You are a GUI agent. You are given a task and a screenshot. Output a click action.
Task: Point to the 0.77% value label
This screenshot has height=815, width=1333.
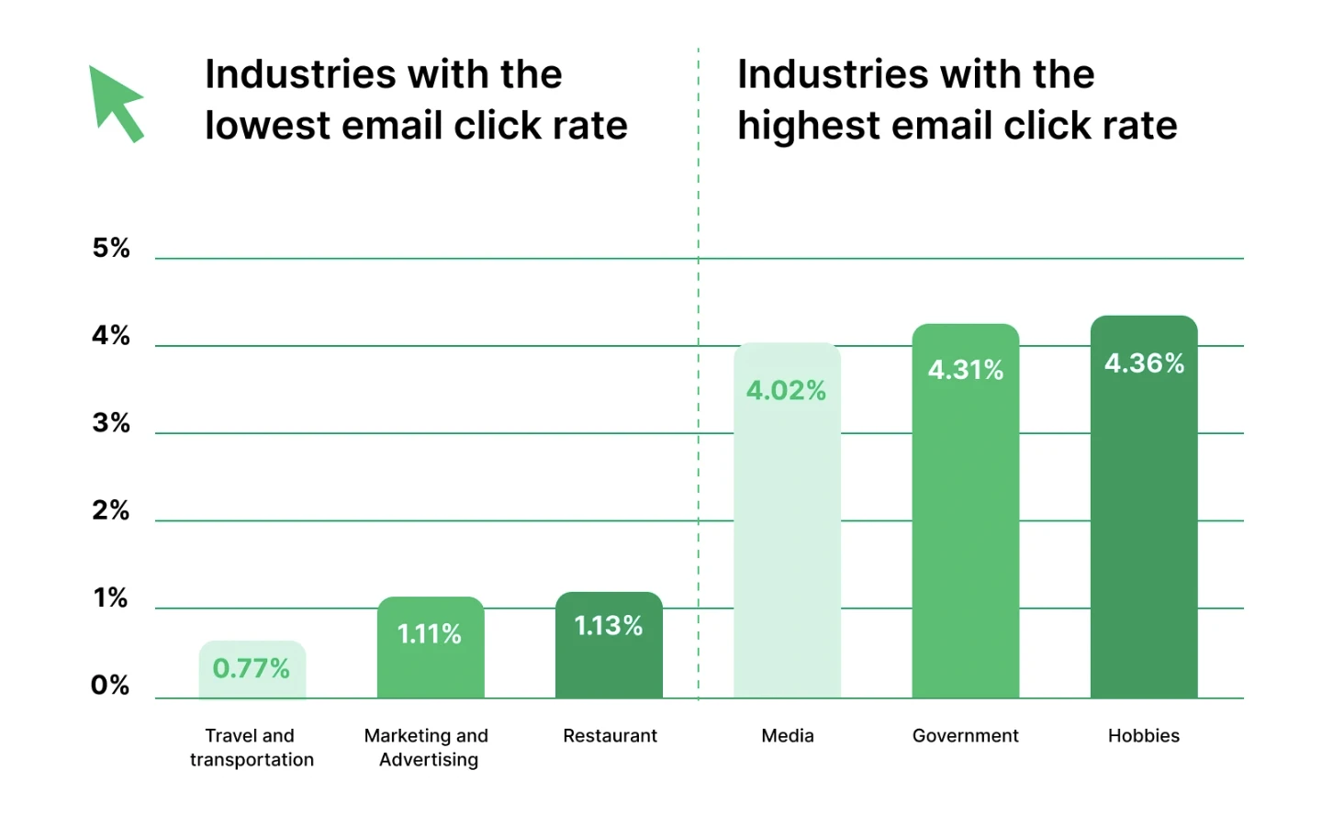252,668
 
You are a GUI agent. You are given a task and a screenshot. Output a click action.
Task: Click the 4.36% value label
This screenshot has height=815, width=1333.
1144,363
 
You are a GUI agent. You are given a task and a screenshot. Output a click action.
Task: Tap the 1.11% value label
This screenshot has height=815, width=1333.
430,633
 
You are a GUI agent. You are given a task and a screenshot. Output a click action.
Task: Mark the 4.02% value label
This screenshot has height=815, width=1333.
786,391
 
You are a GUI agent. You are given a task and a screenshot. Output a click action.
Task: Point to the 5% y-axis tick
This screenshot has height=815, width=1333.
111,248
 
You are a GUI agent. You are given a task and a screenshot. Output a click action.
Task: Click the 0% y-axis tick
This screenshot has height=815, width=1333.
110,686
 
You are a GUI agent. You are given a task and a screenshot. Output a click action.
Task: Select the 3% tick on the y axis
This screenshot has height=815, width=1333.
111,423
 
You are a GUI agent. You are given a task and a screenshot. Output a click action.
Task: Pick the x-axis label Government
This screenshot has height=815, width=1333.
965,735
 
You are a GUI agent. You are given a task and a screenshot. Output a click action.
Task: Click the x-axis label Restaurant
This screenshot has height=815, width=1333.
610,735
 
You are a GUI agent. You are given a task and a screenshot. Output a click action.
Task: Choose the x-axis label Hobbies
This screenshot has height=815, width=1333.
1143,735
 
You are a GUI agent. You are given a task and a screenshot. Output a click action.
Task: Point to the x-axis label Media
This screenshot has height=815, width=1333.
787,735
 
